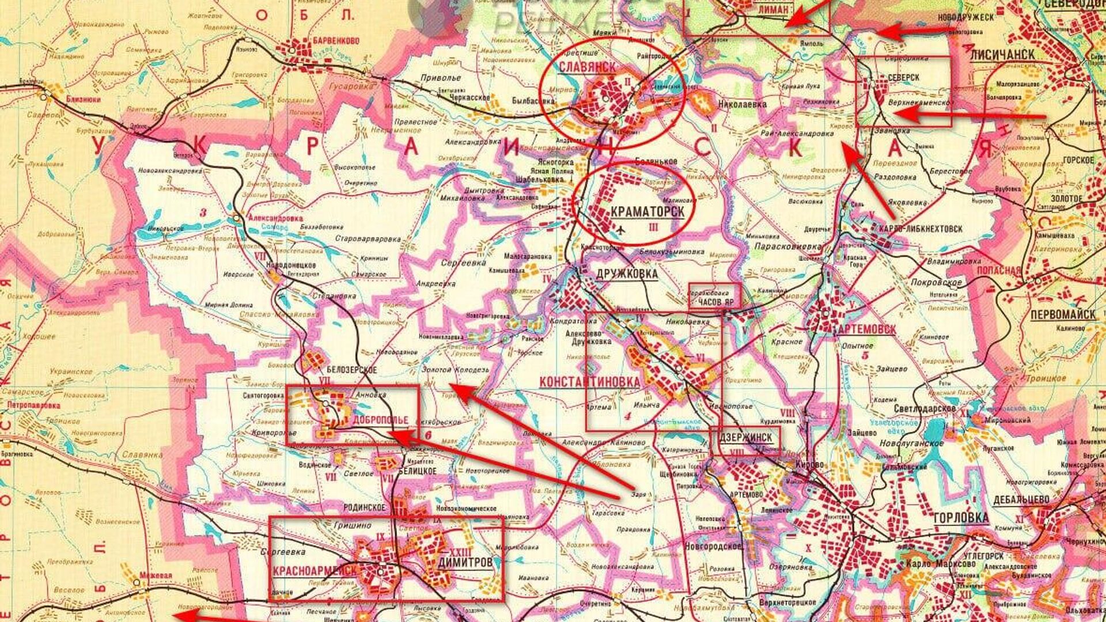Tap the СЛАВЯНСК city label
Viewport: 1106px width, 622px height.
587,67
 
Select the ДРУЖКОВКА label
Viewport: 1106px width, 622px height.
626,274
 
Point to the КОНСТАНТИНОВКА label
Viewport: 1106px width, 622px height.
589,382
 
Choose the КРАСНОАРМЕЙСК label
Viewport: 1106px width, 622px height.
315,571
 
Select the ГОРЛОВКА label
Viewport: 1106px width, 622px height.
960,517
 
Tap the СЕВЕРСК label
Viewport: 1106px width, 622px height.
903,77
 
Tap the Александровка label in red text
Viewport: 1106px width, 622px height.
275,219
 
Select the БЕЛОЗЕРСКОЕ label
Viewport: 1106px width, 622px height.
351,370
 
